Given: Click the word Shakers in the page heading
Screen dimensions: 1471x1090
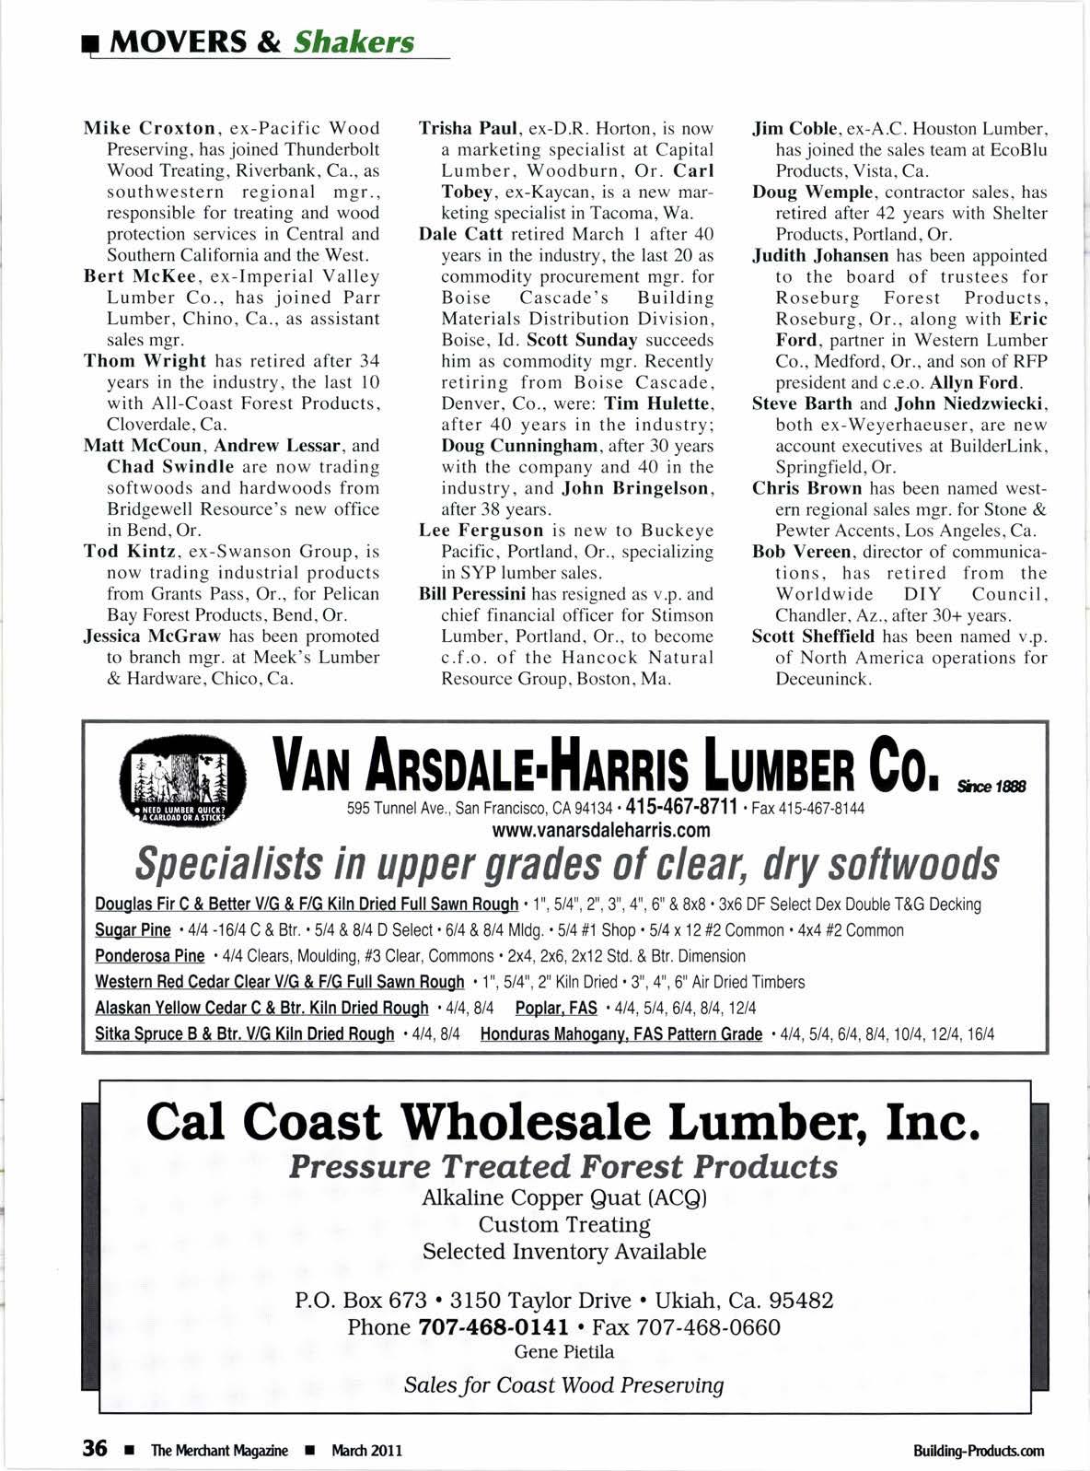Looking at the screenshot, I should pos(354,42).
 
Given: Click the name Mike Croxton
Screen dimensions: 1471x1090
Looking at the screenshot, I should pos(149,128).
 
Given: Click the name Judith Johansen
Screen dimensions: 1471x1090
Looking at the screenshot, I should pos(820,256).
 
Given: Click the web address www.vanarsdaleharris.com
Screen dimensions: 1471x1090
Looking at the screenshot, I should pos(602,830).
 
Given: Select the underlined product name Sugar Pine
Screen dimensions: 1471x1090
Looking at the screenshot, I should pos(133,930).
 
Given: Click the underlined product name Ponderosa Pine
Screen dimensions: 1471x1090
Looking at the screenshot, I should pos(150,956).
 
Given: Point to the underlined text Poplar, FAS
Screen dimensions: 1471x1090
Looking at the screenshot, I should pos(556,1008).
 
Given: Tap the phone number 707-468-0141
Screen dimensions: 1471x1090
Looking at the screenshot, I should pos(493,1327).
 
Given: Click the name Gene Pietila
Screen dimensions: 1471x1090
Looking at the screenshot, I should pos(563,1352).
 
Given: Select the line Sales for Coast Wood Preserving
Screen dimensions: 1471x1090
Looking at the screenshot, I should pos(563,1385).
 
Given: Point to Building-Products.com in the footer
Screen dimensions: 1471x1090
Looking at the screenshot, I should pos(979,1451).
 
